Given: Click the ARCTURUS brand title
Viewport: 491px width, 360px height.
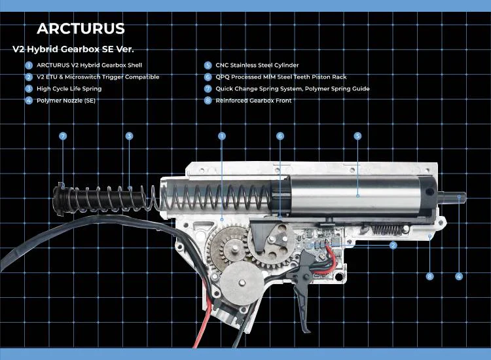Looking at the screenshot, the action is point(81,29).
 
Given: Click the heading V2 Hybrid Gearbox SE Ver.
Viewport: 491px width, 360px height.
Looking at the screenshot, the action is point(73,49).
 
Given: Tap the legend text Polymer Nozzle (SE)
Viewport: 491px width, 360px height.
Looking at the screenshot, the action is point(66,101).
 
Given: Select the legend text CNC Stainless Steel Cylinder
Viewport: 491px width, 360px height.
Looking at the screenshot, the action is point(257,65).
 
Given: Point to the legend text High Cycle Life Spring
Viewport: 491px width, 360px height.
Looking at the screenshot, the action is point(69,88).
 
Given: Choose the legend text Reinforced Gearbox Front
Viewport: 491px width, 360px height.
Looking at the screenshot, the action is point(253,101).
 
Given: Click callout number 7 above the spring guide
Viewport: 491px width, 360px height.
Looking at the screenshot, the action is point(63,136).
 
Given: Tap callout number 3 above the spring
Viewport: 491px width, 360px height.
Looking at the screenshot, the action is point(130,136).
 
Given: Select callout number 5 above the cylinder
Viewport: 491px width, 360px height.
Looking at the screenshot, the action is point(357,136).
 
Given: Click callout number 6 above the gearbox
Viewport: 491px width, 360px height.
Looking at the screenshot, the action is point(280,136).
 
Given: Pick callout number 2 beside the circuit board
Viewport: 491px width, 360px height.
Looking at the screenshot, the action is point(393,245).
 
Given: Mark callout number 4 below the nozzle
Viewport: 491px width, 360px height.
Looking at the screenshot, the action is point(459,276).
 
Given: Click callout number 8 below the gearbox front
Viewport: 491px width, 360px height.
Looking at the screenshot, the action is point(430,276).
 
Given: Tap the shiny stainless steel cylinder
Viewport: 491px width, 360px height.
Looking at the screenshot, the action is point(354,196).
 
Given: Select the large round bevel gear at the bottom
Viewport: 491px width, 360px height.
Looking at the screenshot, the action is point(242,283).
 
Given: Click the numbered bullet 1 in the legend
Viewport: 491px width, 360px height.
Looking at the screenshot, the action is point(29,65).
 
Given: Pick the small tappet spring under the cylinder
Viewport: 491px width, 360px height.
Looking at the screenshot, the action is point(388,230).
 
